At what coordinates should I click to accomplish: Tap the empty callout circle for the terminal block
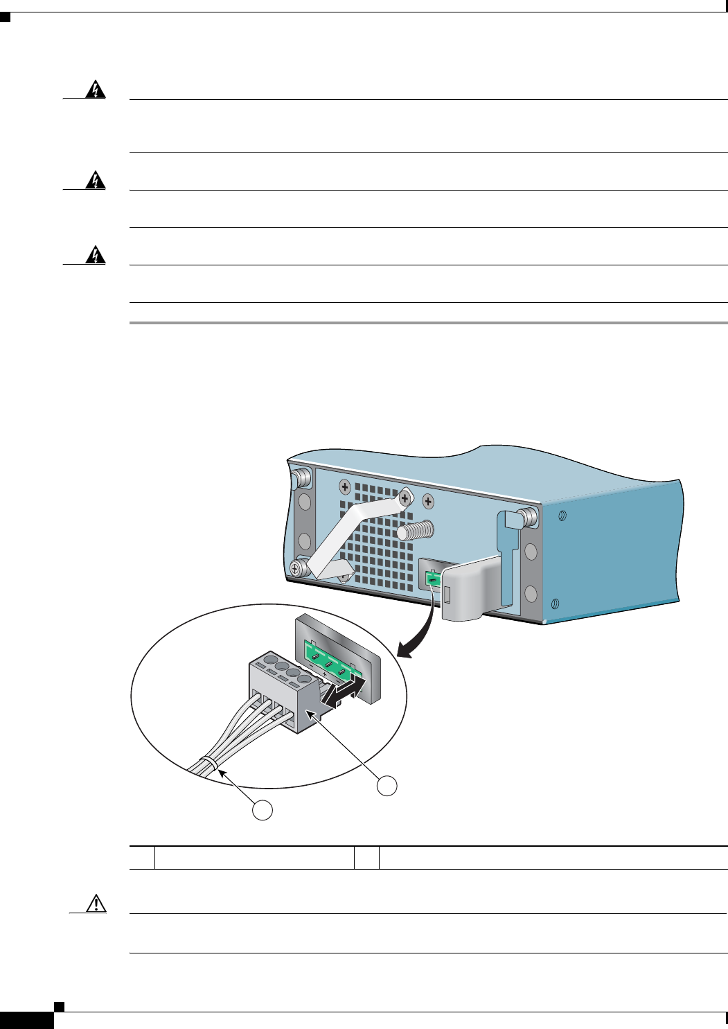387,785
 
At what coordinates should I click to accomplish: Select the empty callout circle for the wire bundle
262,811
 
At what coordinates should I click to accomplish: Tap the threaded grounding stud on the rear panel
416,531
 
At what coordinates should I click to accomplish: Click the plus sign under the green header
324,674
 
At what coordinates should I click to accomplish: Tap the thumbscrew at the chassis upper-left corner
301,477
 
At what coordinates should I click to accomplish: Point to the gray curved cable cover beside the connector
471,589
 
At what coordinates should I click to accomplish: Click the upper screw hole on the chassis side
562,516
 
